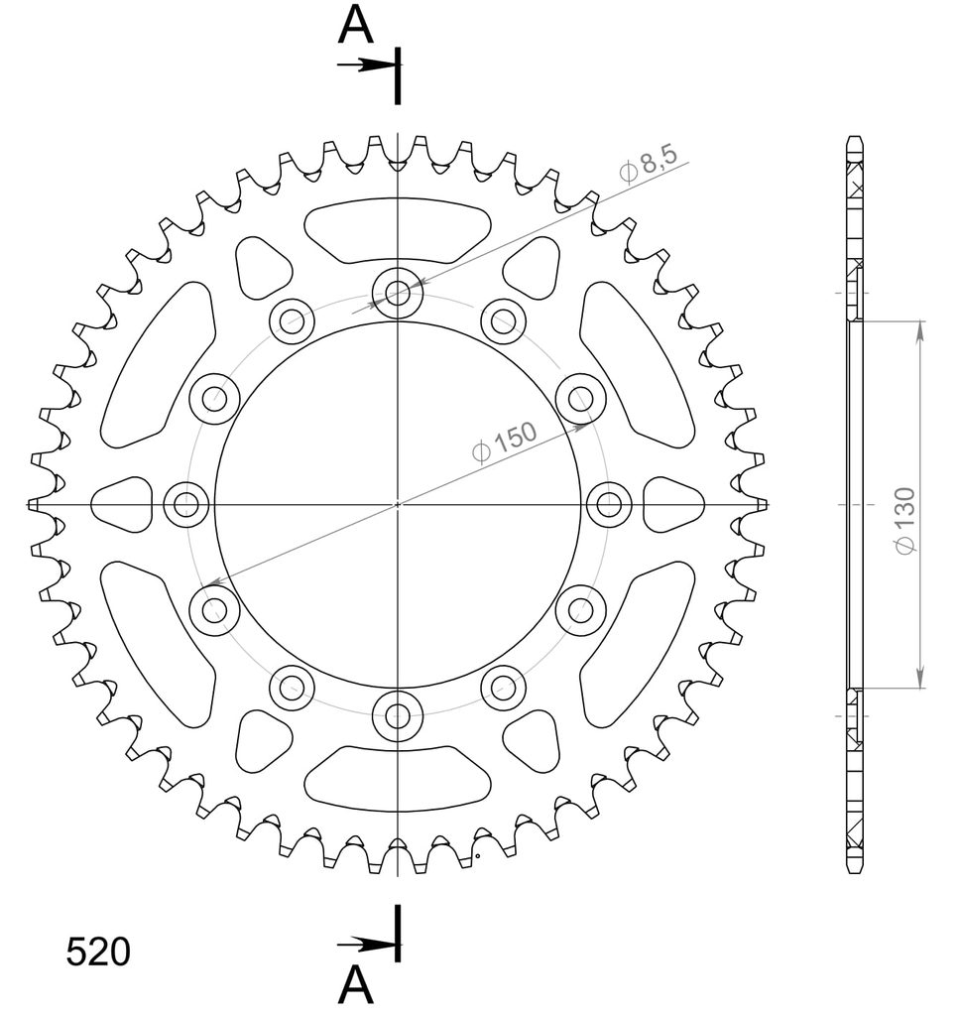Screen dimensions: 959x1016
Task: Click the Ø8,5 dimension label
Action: tap(649, 164)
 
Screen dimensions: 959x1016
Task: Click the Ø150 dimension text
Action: tap(505, 443)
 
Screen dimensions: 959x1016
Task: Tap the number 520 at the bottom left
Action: tap(98, 952)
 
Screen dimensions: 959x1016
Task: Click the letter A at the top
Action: tap(355, 26)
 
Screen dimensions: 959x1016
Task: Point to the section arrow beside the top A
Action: tap(367, 64)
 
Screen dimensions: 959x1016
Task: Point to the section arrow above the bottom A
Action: tap(367, 945)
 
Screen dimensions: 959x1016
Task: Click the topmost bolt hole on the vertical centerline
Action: tap(398, 293)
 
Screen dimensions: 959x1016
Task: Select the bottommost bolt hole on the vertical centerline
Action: tap(398, 716)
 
